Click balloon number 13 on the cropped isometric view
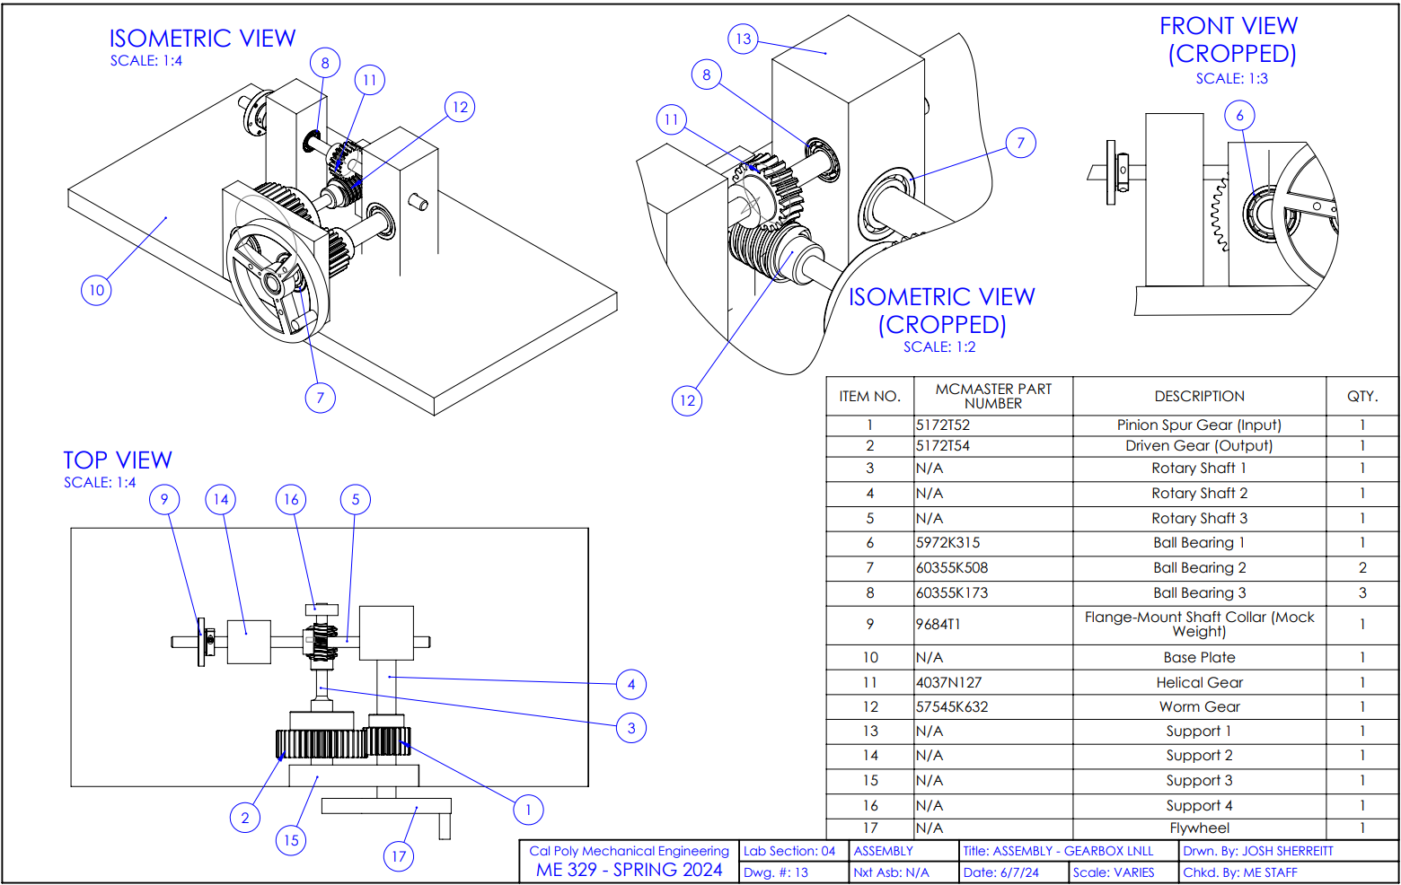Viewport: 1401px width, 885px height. coord(743,39)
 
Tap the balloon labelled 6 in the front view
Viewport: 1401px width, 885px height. coord(1239,116)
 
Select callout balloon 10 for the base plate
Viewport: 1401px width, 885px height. coord(96,290)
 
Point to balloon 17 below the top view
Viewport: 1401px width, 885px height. coord(399,856)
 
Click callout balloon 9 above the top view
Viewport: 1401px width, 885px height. coord(164,499)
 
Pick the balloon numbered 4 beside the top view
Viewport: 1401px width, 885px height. coord(631,684)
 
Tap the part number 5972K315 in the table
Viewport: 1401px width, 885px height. coord(948,542)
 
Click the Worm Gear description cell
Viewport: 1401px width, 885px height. coord(1200,706)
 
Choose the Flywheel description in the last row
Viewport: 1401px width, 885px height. coord(1200,828)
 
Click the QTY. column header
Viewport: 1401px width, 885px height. coord(1362,396)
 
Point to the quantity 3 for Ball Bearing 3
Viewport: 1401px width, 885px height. coord(1362,592)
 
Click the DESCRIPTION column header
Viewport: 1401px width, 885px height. coord(1200,396)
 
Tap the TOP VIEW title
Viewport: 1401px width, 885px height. coord(118,460)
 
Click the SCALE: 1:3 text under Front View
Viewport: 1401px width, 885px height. coord(1232,79)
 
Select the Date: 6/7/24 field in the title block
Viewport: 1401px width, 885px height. coord(1000,872)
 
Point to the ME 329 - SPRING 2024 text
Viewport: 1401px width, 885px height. coord(630,870)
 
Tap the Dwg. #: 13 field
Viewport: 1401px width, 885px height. coord(776,872)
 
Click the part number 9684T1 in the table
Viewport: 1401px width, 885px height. coord(938,624)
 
